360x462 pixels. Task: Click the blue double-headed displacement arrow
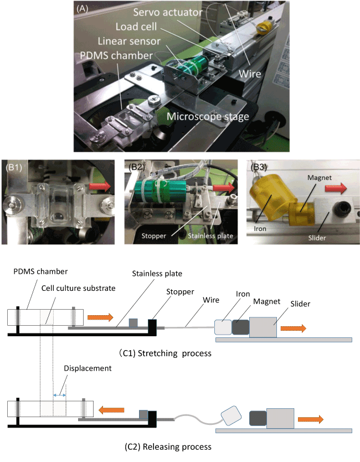[60, 395]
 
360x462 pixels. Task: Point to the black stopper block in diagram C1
[152, 326]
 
